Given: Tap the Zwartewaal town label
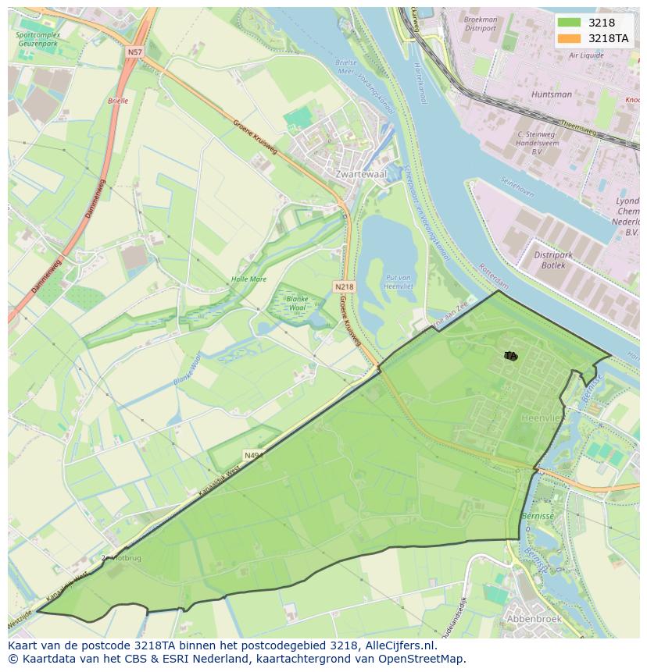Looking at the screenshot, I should (359, 174).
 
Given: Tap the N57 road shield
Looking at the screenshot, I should (134, 52).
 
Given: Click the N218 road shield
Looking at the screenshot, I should (344, 286).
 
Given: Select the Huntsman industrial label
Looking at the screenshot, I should (551, 94).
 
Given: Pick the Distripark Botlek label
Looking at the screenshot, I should (553, 260).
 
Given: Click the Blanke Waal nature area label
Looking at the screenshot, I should (298, 303).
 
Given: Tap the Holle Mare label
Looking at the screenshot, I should (248, 279).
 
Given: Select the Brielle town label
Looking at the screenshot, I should (117, 101).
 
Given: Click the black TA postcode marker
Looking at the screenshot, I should (510, 356).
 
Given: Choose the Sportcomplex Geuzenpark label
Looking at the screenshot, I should (37, 40).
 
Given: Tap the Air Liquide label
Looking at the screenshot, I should (586, 55).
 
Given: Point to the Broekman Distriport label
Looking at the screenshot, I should (480, 24).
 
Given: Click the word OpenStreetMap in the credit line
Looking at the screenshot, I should (422, 659).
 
